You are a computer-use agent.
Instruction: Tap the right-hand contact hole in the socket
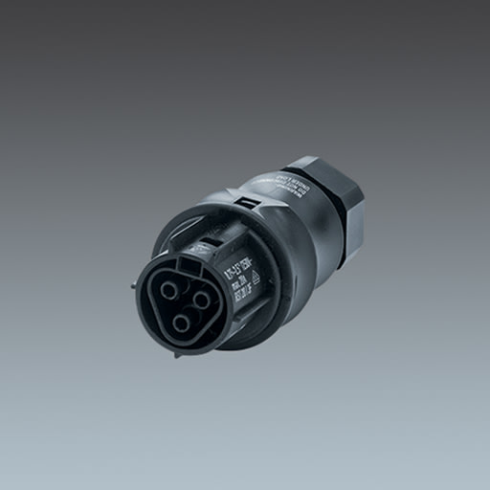tap(202, 300)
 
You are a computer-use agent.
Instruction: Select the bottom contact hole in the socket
tap(181, 323)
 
